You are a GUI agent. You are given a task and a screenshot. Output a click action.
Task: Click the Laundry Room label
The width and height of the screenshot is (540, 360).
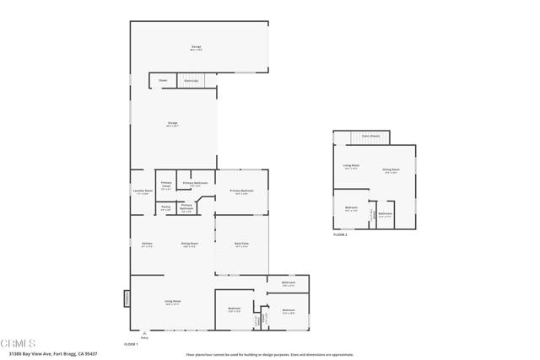click(x=143, y=191)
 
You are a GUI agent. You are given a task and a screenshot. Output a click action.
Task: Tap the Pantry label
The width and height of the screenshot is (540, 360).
click(x=166, y=207)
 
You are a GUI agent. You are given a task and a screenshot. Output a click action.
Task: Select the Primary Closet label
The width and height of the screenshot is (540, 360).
click(x=166, y=185)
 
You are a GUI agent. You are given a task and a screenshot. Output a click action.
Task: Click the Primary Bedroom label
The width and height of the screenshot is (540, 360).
click(x=241, y=191)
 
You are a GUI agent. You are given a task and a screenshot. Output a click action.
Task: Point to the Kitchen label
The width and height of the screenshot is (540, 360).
click(x=147, y=244)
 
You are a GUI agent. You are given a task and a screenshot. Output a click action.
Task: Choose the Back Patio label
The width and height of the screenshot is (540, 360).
click(x=241, y=244)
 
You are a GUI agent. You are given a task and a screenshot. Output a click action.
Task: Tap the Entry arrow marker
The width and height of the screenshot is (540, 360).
click(x=144, y=333)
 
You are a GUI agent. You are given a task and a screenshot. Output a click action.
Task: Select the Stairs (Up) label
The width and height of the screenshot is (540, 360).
click(x=191, y=80)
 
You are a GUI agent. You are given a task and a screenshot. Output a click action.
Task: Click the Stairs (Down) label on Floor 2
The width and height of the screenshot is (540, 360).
click(x=370, y=135)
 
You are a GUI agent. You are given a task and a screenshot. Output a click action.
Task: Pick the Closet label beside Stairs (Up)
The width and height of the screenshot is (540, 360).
click(x=163, y=80)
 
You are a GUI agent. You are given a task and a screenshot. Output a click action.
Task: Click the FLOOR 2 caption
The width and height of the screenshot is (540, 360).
click(x=340, y=234)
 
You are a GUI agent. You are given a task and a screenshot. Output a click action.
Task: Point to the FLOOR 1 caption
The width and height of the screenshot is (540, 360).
click(x=131, y=344)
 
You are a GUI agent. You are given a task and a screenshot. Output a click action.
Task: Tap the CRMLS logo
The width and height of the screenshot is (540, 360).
click(x=18, y=343)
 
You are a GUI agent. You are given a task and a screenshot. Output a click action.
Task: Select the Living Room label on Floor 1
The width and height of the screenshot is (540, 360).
click(x=173, y=301)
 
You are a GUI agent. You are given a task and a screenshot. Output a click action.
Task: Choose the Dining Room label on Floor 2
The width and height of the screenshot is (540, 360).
click(x=391, y=169)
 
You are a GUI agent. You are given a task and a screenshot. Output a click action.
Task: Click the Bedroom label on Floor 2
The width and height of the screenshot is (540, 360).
click(x=351, y=207)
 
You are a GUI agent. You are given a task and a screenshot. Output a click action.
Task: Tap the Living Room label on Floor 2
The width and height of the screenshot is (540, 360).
click(x=351, y=165)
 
